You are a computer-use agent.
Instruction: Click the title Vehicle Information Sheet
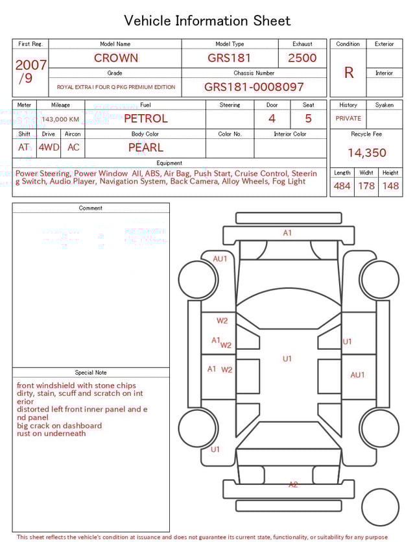207,21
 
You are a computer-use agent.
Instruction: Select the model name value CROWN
115,58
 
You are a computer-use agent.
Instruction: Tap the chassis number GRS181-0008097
254,87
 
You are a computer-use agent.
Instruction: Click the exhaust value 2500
302,58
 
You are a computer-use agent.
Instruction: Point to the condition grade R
348,73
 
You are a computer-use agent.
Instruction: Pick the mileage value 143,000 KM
60,119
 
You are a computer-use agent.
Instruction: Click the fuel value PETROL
145,119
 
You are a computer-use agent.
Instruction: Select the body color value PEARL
145,147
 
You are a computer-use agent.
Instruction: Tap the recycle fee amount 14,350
366,153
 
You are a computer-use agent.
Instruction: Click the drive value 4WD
49,147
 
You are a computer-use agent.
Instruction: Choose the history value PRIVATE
348,119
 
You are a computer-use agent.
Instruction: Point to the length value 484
342,186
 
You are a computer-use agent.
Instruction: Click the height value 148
390,186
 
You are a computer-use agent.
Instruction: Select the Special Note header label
91,373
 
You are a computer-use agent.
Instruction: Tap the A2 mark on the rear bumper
293,484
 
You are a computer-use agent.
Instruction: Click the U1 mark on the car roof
287,358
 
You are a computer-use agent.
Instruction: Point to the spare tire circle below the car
380,506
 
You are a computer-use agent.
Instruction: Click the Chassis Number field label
254,73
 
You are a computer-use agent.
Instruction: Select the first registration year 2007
30,65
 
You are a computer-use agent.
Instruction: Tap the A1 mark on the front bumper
287,233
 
